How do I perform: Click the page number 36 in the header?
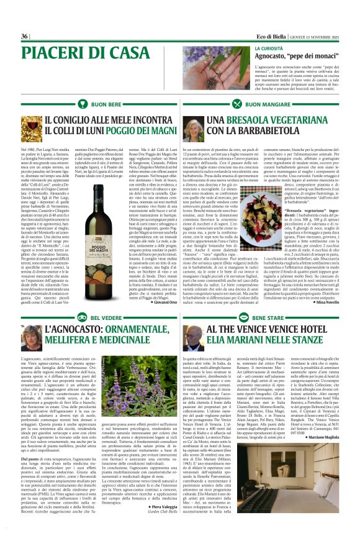pos(24,36)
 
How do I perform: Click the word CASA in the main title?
pos(128,52)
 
